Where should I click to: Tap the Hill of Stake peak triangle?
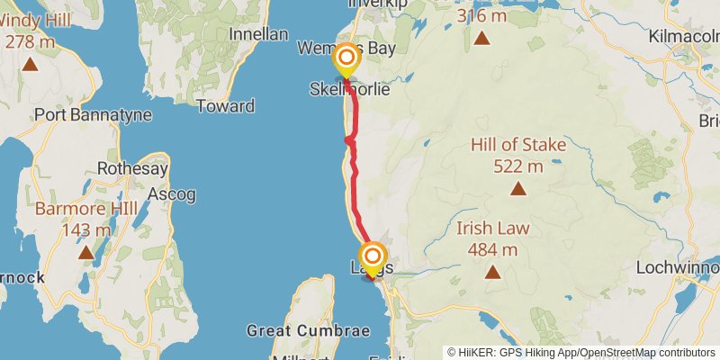click(517, 188)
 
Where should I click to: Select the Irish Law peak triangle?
click(492, 272)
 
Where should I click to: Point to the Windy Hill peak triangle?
click(31, 64)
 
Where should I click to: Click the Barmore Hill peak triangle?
click(85, 252)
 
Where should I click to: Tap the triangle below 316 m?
click(482, 38)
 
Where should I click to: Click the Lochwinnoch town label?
click(677, 267)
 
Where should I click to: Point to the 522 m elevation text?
click(518, 166)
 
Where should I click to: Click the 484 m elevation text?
click(492, 249)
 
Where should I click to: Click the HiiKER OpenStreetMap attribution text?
click(581, 353)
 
